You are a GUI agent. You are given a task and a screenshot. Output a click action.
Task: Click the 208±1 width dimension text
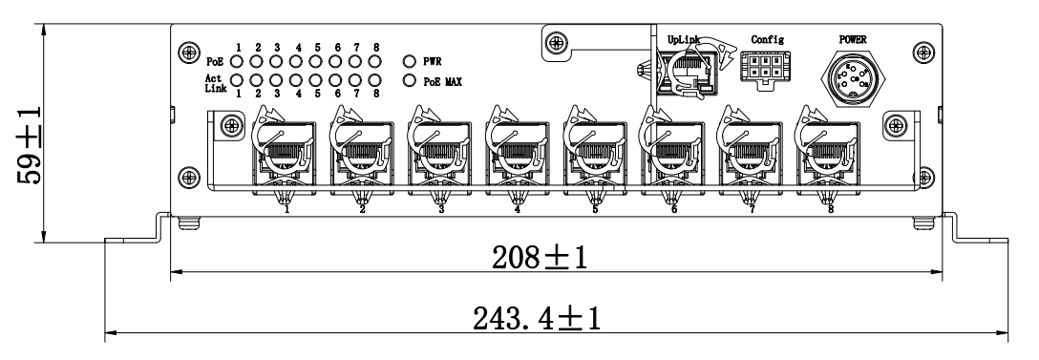540,258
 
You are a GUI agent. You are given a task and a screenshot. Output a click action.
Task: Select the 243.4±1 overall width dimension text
537,319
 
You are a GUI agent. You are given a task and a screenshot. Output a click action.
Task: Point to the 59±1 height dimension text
30,145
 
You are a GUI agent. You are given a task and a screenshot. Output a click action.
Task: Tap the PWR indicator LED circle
410,62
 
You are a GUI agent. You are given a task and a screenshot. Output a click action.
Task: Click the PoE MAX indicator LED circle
410,81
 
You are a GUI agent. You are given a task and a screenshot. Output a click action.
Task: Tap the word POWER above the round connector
853,40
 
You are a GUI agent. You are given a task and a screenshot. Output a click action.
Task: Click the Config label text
768,40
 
